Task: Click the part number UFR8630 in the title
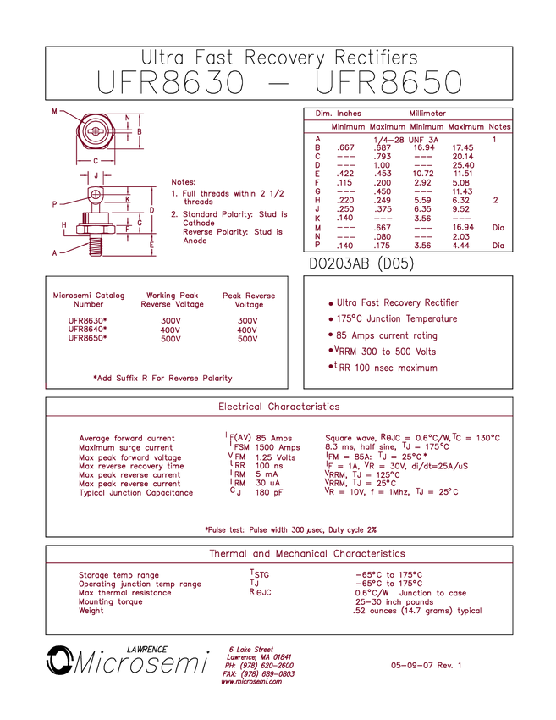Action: click(170, 82)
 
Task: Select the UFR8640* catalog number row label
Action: click(88, 330)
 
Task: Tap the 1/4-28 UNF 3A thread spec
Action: click(406, 140)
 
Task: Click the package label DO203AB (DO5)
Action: click(361, 263)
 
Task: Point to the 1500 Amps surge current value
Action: click(278, 447)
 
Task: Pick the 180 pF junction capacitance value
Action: click(269, 493)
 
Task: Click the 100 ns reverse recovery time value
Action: click(269, 466)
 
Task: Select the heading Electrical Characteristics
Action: click(279, 407)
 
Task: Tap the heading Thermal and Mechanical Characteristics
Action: click(307, 553)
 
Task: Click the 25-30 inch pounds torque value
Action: click(394, 602)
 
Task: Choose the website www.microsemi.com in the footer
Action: click(251, 681)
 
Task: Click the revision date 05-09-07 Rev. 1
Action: click(427, 665)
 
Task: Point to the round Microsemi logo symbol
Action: click(59, 661)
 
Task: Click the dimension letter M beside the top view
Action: click(55, 111)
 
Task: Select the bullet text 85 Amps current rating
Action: click(386, 335)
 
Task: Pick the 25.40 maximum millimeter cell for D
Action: click(463, 165)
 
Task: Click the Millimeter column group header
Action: click(427, 114)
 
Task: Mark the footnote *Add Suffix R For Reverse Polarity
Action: click(162, 379)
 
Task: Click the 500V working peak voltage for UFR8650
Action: click(171, 339)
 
